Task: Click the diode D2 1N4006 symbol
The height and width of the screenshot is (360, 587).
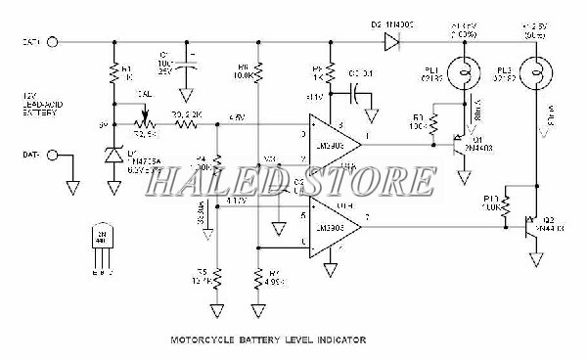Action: point(392,42)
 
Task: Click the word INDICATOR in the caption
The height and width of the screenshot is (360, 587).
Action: point(338,340)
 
